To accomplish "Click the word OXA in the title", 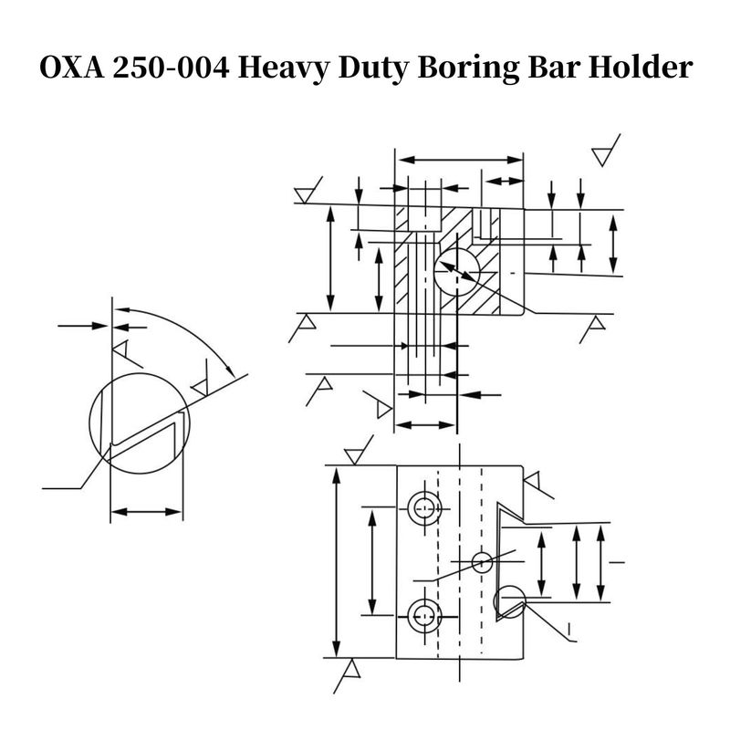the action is click(72, 68).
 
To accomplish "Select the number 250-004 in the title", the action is click(171, 68).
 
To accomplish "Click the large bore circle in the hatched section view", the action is click(457, 272).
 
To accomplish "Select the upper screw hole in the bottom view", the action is click(424, 508).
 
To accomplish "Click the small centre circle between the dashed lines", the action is click(483, 562).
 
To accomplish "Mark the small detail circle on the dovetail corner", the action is click(510, 602).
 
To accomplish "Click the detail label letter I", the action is click(569, 630).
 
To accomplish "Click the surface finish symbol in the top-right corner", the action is click(606, 151).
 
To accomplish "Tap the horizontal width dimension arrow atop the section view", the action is click(461, 161).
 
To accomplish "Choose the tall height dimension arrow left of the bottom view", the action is click(337, 561).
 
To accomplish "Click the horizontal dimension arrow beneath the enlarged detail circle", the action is click(147, 512).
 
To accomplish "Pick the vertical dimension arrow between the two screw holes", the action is click(372, 562).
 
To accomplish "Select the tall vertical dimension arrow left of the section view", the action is click(330, 258).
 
